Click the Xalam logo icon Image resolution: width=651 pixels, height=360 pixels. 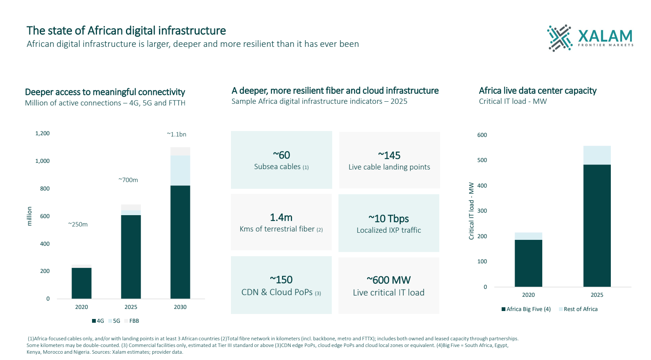[x=559, y=38]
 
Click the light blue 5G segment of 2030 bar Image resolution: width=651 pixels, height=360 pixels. [x=180, y=170]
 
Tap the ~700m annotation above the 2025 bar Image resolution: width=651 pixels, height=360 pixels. [x=128, y=180]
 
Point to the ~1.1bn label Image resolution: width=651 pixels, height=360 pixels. [x=177, y=134]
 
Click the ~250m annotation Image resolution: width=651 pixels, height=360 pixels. [x=78, y=224]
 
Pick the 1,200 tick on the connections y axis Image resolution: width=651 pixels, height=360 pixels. [x=42, y=134]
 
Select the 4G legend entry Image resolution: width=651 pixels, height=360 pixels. [x=98, y=321]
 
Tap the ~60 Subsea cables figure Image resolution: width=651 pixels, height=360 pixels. [x=281, y=155]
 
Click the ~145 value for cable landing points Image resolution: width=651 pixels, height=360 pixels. [x=389, y=156]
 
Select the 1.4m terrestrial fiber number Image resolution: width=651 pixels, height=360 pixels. [x=281, y=218]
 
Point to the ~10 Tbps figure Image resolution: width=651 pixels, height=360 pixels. [x=389, y=219]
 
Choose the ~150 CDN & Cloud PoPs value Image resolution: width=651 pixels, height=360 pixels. [x=281, y=280]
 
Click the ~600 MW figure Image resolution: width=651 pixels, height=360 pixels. [x=389, y=280]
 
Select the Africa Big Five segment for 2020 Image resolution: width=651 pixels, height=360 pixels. [x=528, y=263]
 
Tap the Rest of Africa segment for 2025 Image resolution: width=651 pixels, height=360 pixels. [x=597, y=155]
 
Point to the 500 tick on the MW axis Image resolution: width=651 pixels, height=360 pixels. [x=482, y=160]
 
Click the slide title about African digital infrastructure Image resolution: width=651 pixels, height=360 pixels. [x=126, y=31]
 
